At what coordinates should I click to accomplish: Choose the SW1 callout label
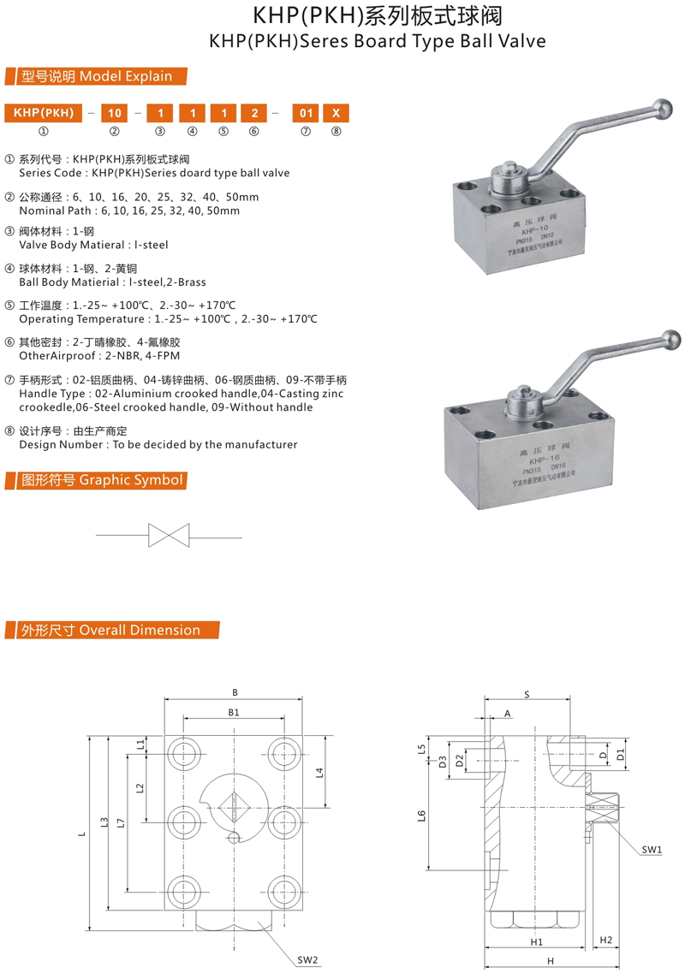[652, 850]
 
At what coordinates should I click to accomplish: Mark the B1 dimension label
[233, 711]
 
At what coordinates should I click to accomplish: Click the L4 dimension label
[319, 774]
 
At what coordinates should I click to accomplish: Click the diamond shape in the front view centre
[234, 805]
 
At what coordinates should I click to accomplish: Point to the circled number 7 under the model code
[304, 131]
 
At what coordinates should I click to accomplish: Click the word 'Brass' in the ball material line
[190, 282]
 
